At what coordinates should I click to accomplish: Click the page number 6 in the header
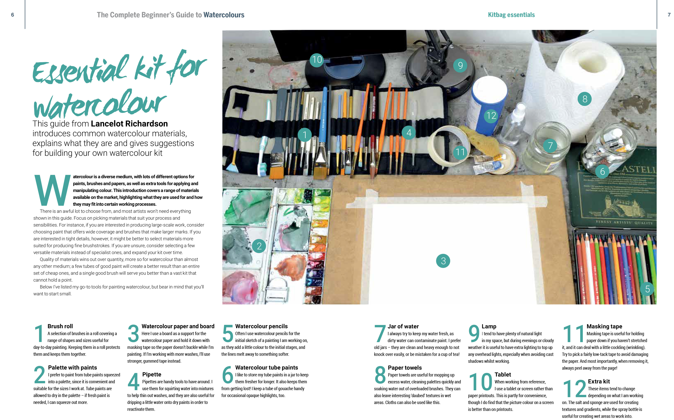click(13, 15)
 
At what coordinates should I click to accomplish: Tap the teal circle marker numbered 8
click(585, 99)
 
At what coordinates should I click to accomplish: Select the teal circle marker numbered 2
click(259, 246)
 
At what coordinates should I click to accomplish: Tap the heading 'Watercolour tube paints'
click(267, 367)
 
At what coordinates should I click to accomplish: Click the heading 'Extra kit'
click(598, 381)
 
